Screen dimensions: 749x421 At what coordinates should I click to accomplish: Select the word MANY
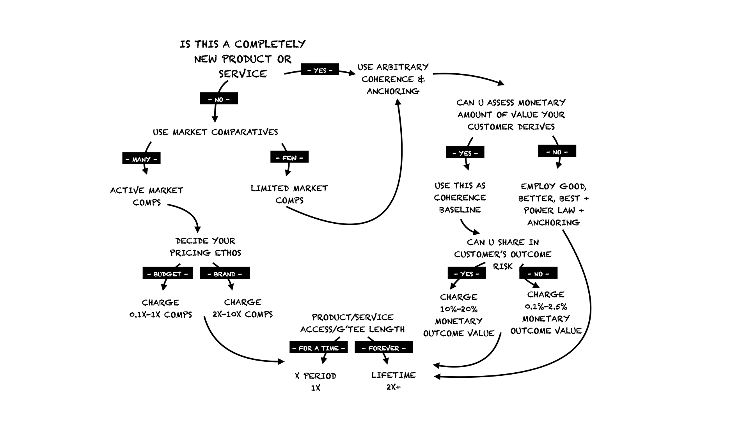141,159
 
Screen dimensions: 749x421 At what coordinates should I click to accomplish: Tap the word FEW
289,158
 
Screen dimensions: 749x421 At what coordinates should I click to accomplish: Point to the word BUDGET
167,274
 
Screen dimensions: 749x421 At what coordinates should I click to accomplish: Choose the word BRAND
225,274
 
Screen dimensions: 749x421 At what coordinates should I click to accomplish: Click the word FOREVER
384,348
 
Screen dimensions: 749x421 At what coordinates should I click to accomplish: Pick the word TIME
330,348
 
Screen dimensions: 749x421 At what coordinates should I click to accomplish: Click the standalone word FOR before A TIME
305,348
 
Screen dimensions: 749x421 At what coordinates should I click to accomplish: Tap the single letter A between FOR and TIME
317,348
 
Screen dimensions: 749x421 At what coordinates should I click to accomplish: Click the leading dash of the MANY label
128,159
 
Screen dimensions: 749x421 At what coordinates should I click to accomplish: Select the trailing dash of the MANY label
155,159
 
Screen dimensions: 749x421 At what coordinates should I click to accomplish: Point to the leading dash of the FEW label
278,158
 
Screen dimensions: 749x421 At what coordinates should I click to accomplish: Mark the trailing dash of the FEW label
301,158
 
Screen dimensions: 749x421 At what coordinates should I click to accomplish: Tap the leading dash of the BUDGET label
149,274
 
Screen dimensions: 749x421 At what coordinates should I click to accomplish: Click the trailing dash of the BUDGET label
186,274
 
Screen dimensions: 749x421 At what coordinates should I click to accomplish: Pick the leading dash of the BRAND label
209,274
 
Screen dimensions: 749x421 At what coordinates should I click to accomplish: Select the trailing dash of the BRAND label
240,274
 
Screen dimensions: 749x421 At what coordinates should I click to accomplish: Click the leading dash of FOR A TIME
294,348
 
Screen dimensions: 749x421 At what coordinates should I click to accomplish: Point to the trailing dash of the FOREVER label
404,348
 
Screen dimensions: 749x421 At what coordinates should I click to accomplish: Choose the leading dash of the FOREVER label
364,348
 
